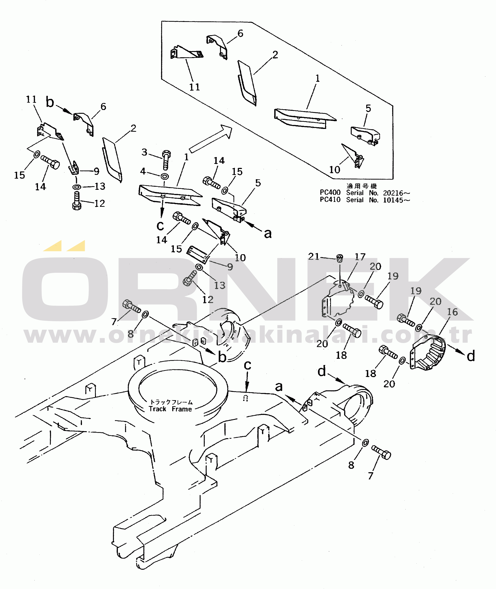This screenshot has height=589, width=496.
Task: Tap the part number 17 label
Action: (360, 257)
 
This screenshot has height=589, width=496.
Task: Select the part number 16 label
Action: (452, 312)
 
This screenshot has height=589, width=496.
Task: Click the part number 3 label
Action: (144, 152)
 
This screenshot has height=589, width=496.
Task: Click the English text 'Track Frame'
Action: (170, 409)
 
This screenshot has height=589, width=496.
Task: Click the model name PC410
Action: (330, 200)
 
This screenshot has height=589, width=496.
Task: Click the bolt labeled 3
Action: (166, 160)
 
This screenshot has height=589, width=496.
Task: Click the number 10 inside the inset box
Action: (335, 170)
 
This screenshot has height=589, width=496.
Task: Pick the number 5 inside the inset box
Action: (368, 108)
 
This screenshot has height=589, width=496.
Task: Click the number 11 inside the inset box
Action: (195, 87)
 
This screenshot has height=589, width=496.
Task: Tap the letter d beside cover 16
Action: (471, 356)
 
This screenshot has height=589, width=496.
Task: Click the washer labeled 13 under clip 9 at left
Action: (76, 187)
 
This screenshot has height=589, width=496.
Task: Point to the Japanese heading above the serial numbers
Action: (362, 186)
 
